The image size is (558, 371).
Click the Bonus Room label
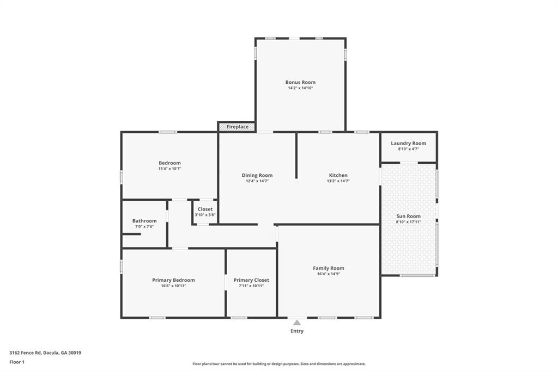[300, 82]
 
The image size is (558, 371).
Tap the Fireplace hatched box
[237, 127]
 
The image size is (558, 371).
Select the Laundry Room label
[408, 143]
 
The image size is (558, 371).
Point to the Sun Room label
[408, 216]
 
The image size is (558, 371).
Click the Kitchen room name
[338, 175]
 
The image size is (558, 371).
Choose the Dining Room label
[257, 175]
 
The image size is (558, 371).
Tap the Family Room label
[328, 268]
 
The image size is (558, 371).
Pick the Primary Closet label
[251, 280]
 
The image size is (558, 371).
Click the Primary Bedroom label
[173, 280]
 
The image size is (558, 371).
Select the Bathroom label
[144, 221]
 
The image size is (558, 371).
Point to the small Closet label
[205, 209]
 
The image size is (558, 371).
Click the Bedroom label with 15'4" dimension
[169, 163]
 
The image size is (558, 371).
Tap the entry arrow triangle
[297, 323]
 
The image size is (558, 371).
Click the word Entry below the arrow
[297, 331]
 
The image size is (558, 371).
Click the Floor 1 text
[19, 362]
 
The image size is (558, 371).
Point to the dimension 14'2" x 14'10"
[300, 88]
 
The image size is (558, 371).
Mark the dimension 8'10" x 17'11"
[408, 222]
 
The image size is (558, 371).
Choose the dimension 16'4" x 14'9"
[328, 274]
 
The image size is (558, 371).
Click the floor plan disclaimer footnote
[279, 364]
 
